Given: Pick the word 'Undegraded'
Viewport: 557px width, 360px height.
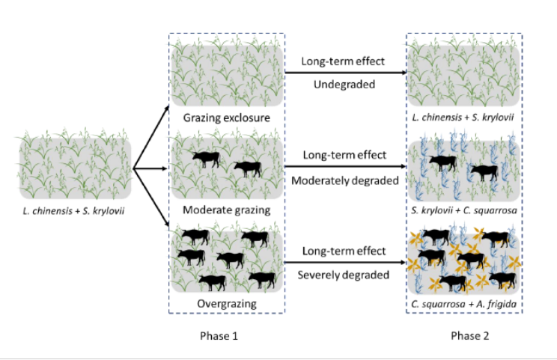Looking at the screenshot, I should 344,84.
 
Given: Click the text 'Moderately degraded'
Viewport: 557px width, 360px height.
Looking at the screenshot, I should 344,180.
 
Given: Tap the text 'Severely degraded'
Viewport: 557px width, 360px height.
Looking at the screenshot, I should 344,275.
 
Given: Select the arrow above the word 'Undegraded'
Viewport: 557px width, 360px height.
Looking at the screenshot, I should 344,73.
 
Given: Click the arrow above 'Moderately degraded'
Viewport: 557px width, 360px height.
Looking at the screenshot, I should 344,168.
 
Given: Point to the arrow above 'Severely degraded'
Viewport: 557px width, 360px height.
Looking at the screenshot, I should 344,263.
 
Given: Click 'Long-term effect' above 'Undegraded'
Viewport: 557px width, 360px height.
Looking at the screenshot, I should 344,61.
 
